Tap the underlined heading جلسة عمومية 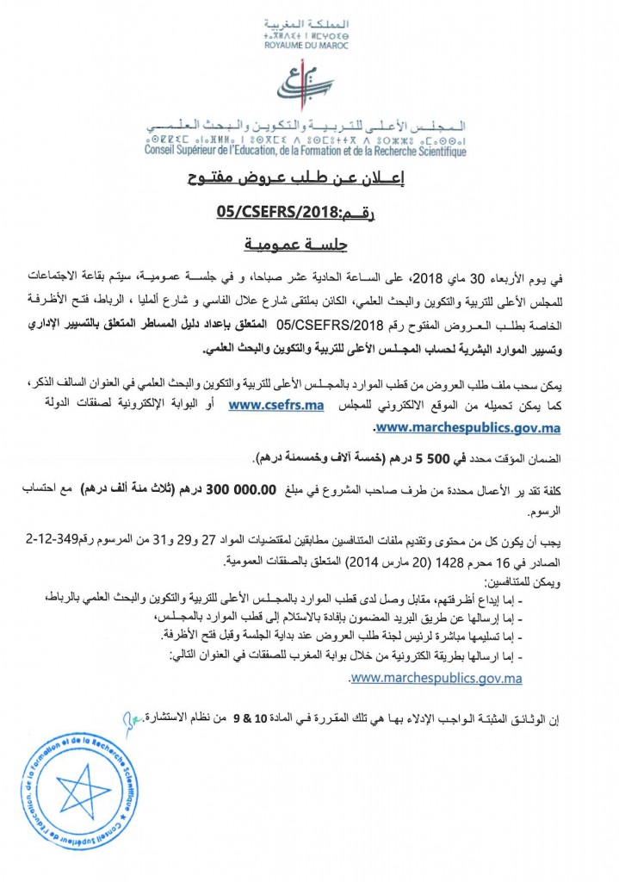[307, 245]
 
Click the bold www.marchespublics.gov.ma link [467, 426]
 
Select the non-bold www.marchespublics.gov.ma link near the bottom [436, 678]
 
